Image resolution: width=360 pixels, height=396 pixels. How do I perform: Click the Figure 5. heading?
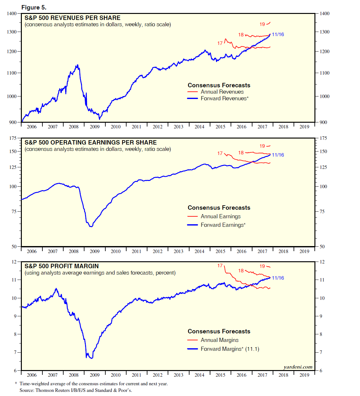point(34,7)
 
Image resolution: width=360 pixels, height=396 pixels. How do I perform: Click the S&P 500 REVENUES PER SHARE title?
point(72,18)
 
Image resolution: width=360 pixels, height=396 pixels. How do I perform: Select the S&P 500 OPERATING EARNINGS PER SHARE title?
point(90,142)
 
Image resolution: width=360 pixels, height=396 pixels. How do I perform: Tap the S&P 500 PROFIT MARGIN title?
point(62,266)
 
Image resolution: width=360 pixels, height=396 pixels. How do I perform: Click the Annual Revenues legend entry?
point(222,92)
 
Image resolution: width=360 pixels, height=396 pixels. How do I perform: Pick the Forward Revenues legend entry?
point(224,98)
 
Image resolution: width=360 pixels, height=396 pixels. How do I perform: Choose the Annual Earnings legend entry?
point(220,216)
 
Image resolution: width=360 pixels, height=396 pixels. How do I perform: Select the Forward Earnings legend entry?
point(223,225)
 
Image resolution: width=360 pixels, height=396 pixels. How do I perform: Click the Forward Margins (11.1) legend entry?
point(230,349)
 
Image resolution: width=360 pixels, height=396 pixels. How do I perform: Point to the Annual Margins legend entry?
point(220,340)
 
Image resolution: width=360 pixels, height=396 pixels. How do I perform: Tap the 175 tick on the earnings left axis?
point(13,138)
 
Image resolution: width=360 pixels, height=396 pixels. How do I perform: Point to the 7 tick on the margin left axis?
point(15,352)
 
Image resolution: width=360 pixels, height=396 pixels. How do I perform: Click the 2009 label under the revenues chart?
point(95,127)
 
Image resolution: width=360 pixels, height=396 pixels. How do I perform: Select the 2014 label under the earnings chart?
point(199,251)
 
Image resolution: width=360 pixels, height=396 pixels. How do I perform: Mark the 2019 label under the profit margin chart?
point(304,375)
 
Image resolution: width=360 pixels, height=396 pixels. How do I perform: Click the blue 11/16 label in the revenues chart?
point(278,34)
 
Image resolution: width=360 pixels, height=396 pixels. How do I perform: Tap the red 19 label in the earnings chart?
point(262,146)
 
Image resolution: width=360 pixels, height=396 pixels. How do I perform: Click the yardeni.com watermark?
point(298,367)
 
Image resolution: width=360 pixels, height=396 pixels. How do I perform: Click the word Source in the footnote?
point(27,390)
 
